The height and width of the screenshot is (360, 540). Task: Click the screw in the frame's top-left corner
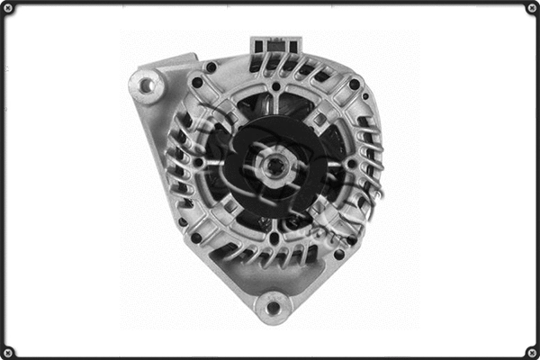point(7,7)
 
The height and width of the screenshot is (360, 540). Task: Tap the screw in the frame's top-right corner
point(532,7)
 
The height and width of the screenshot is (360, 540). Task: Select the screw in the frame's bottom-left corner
point(7,352)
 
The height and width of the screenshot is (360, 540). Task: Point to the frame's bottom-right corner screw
point(532,352)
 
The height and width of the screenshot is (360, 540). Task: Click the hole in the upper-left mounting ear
point(147,85)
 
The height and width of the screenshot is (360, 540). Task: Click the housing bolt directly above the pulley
point(274,87)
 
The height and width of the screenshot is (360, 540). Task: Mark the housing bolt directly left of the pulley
point(200,164)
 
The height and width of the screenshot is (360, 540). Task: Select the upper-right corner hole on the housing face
point(355,84)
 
